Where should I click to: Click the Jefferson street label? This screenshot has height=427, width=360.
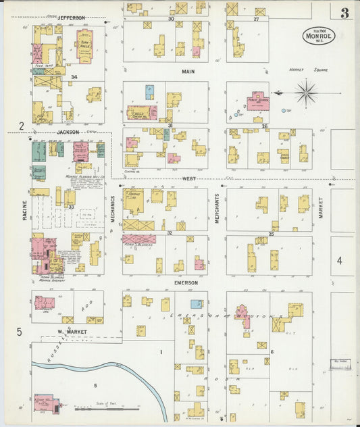coord(71,17)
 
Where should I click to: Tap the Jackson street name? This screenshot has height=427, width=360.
coord(68,132)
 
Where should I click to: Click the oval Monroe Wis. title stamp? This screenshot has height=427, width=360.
coord(318,34)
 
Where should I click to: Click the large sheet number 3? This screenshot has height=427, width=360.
coord(344,13)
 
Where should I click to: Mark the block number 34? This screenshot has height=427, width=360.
coord(74,77)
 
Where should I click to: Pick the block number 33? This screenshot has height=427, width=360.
coord(70,206)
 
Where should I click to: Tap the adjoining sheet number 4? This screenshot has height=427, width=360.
coord(340,260)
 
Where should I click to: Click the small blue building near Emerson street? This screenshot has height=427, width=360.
coord(196,304)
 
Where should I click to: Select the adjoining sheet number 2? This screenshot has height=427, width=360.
coord(21,126)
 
